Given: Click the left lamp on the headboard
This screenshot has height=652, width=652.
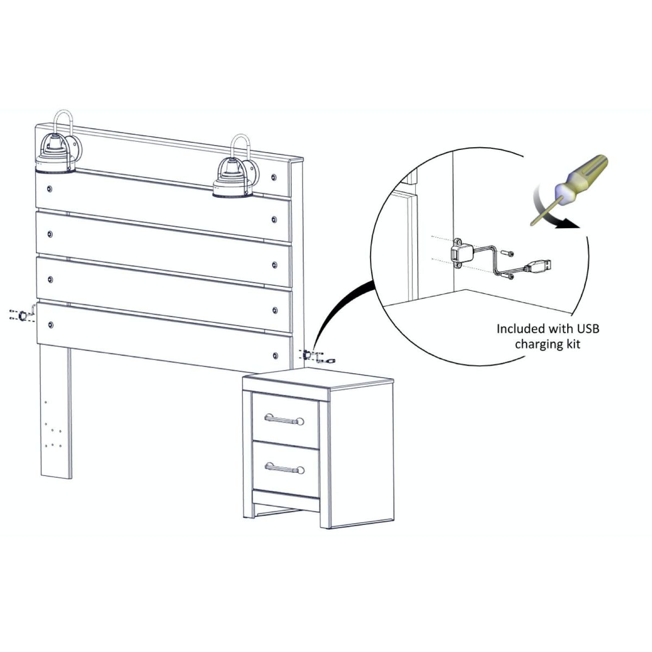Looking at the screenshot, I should (55, 156).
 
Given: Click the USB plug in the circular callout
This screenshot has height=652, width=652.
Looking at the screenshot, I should (539, 266).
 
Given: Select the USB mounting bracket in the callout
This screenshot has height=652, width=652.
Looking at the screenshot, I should (461, 254).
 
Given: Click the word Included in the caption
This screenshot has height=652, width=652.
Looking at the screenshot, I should (521, 329).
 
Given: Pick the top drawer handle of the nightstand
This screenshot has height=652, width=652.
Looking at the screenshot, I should (284, 418).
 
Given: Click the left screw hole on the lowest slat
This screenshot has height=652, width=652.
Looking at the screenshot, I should (51, 325).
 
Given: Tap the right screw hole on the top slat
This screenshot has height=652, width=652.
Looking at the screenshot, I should (273, 177).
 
